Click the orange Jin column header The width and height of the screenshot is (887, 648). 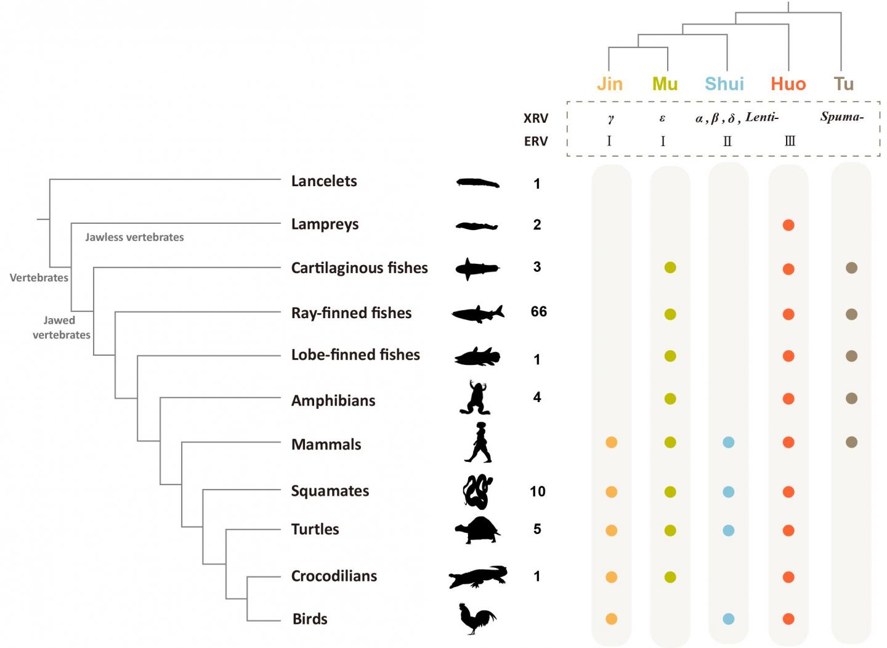(610, 84)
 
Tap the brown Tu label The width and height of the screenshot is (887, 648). (843, 84)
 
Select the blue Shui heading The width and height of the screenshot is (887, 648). (724, 84)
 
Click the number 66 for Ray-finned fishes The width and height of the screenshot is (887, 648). (539, 311)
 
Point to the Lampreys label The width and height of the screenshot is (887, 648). (325, 224)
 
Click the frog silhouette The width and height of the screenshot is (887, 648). (476, 397)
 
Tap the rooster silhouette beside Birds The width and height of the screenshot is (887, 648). (477, 618)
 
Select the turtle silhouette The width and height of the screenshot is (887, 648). (478, 530)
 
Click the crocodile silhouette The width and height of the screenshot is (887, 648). (478, 576)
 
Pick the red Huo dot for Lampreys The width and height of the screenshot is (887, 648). (788, 225)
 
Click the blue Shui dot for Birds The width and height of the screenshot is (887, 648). (729, 618)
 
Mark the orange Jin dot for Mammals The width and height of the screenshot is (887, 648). (612, 442)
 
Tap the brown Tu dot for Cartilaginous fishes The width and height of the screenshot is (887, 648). (851, 268)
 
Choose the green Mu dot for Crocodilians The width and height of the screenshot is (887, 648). (670, 577)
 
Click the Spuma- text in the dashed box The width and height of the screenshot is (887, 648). (841, 117)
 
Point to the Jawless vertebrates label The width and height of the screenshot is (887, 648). (134, 237)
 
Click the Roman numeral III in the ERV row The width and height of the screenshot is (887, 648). (790, 141)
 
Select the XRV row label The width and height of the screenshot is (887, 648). (536, 118)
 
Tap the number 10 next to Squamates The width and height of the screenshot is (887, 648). (538, 491)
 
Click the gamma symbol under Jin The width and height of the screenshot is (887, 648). (610, 118)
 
